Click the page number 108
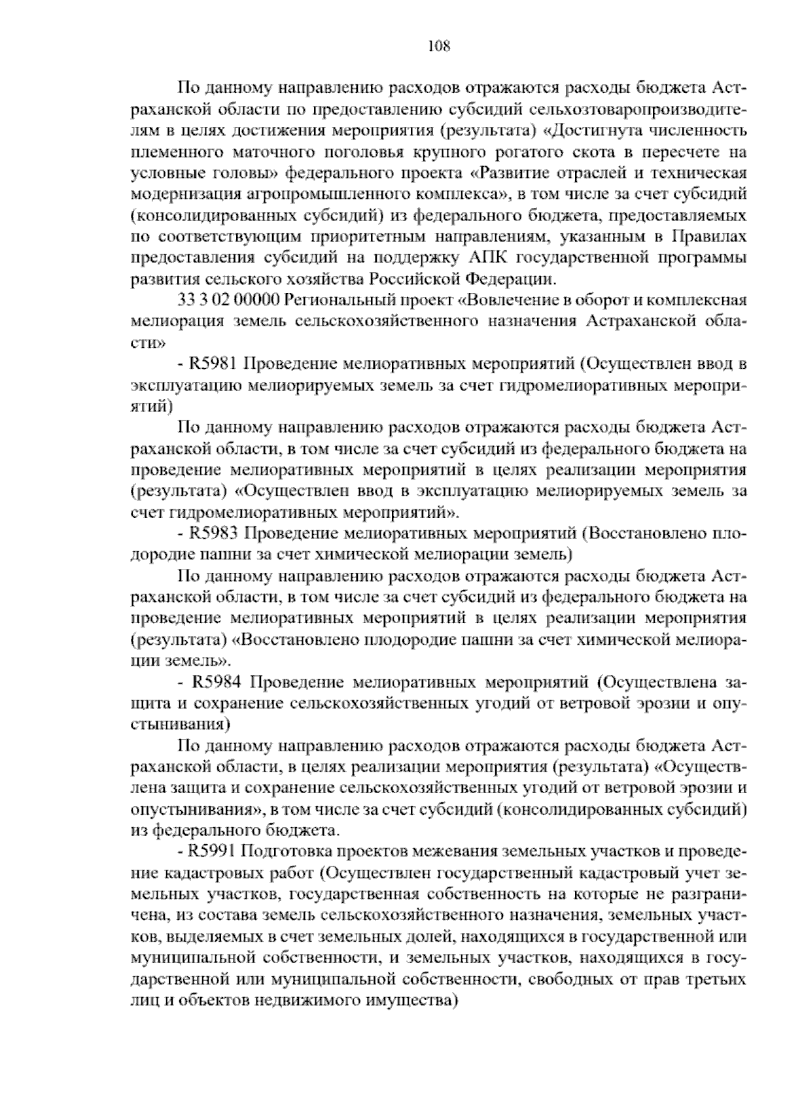click(x=438, y=46)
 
